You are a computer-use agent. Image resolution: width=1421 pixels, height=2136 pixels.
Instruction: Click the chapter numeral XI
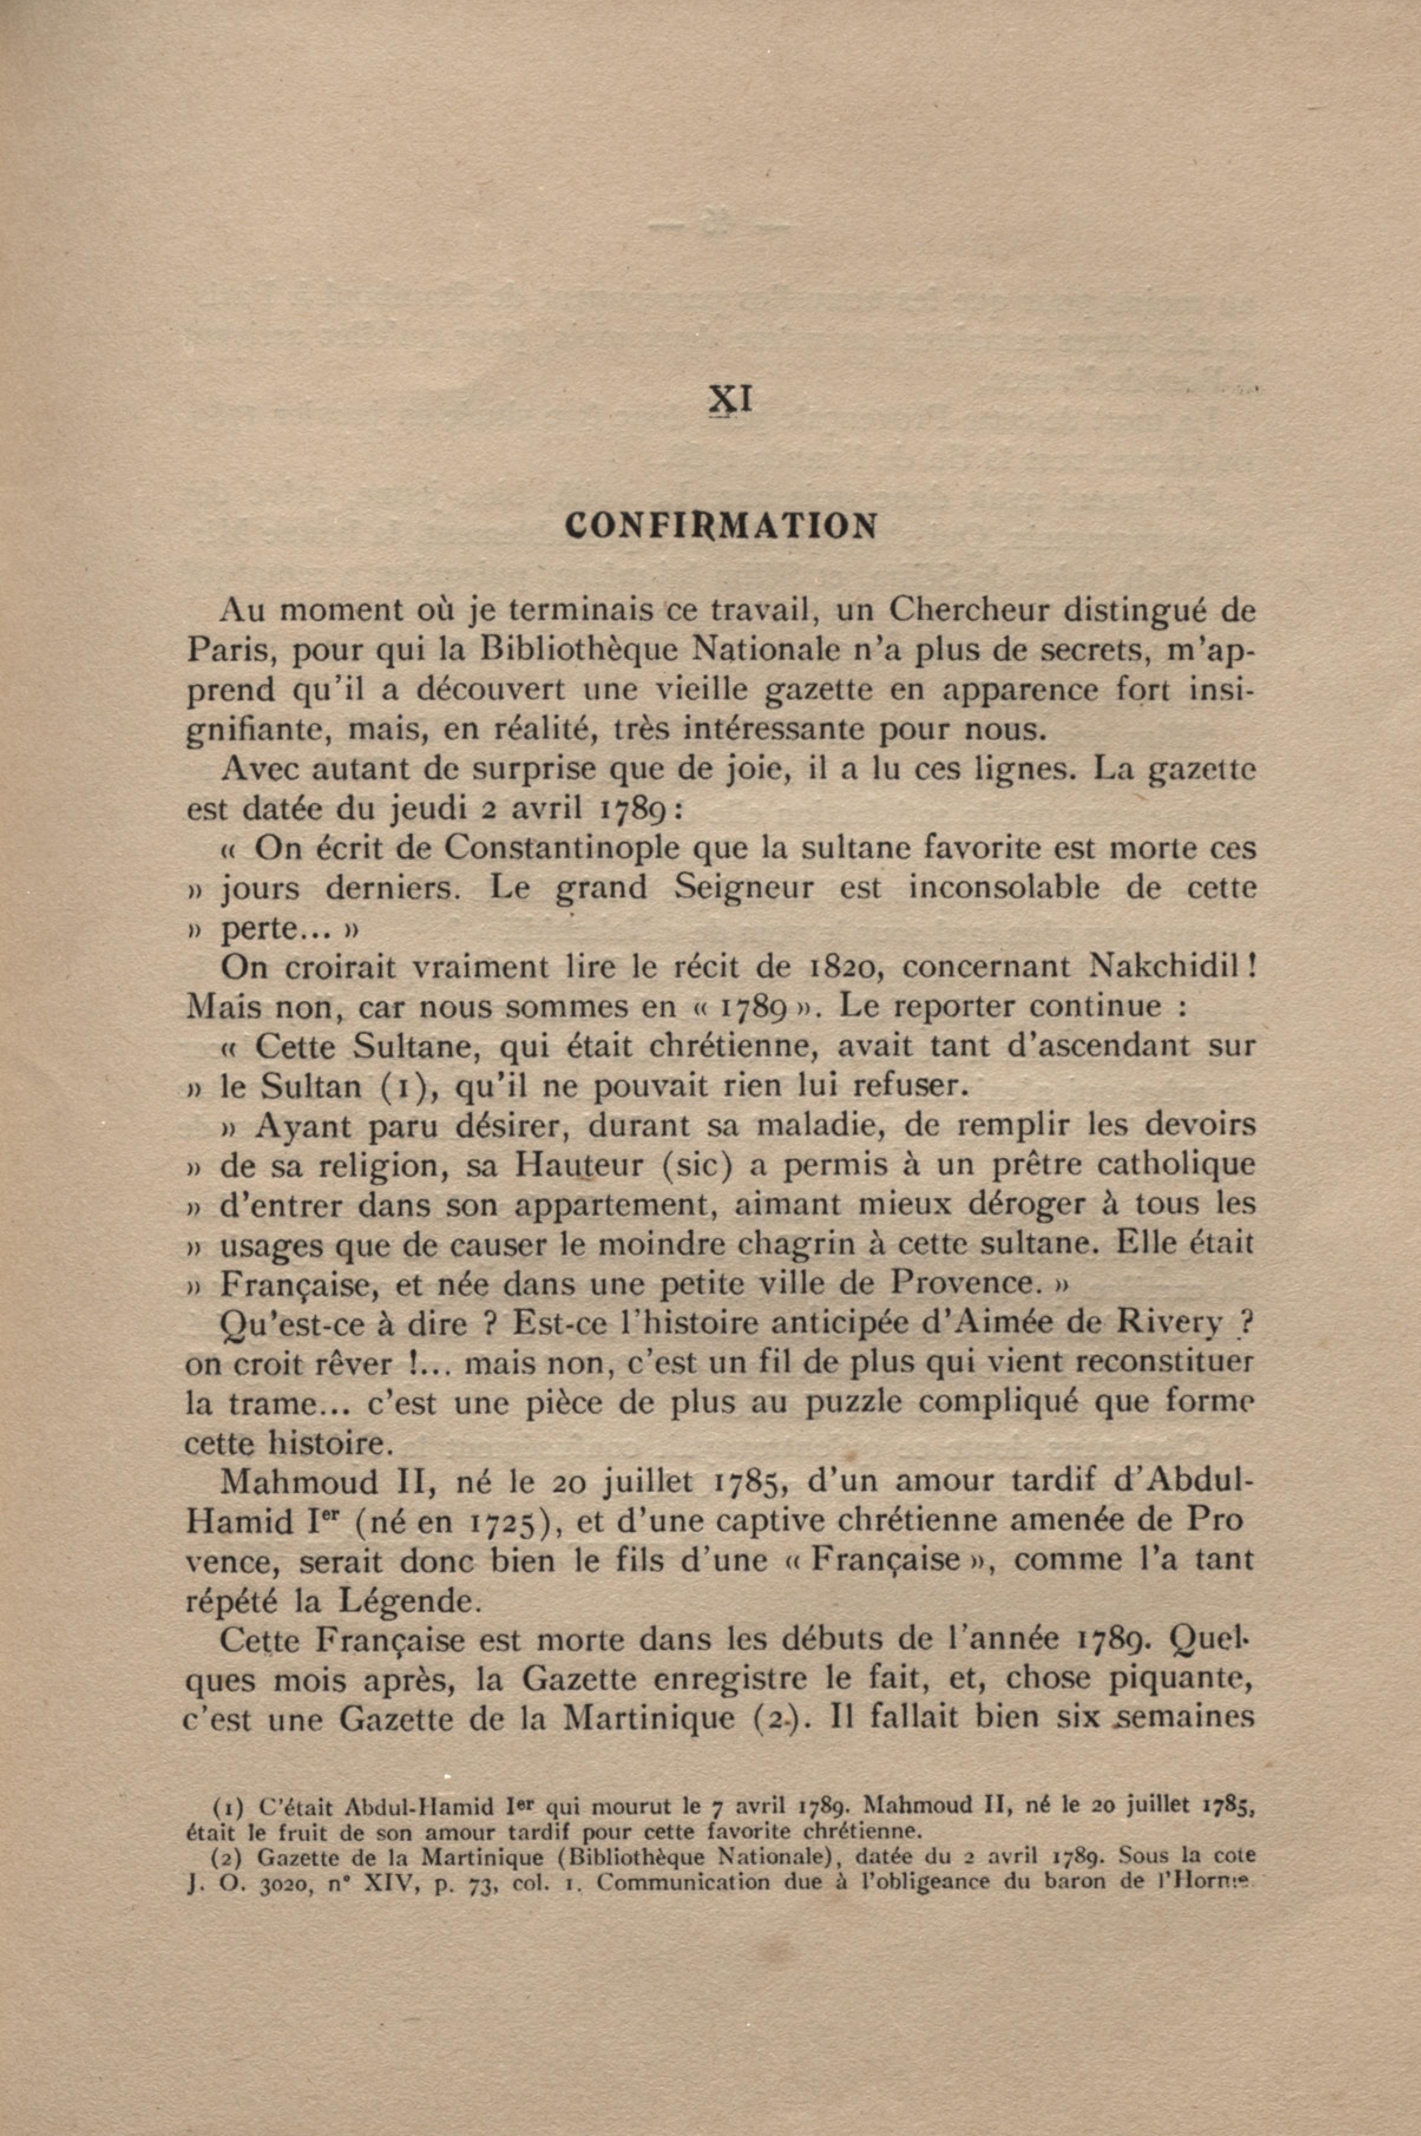coord(730,399)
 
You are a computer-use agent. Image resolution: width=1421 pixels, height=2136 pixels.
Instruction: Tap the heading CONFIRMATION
coord(720,526)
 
